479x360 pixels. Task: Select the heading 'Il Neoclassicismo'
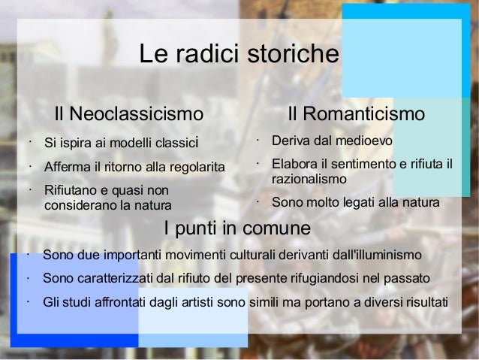128,114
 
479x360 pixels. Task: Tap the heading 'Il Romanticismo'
357,114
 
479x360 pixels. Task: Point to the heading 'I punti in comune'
236,228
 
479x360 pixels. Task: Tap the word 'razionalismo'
309,180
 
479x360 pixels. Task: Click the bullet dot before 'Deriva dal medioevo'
256,139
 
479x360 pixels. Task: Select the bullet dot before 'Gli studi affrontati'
28,301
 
